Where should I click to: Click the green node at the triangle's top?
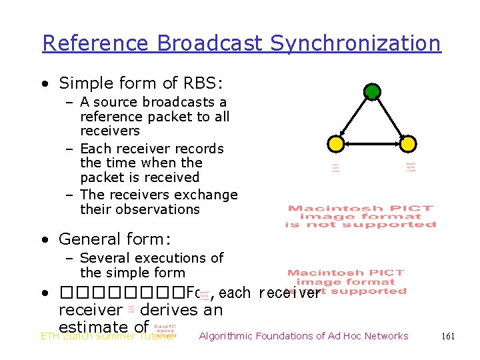click(372, 91)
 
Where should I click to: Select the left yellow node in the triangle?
click(337, 143)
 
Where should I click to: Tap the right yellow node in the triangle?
click(408, 143)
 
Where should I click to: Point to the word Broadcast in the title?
click(211, 43)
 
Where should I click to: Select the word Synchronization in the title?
click(355, 43)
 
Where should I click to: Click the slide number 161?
click(448, 336)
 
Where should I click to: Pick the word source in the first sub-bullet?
click(115, 102)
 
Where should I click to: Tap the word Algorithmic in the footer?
click(231, 336)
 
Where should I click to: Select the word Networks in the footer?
click(383, 336)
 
